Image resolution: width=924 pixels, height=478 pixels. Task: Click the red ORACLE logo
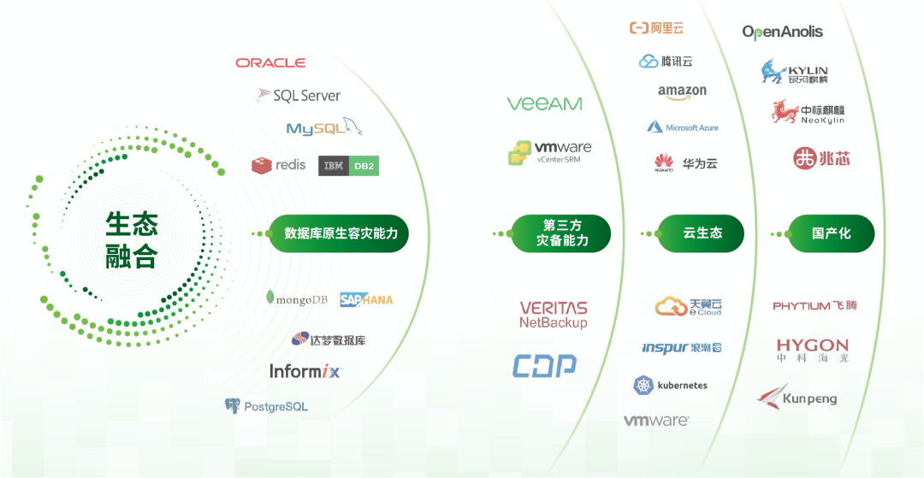[x=270, y=62]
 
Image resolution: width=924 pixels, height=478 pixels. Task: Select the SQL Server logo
[x=299, y=96]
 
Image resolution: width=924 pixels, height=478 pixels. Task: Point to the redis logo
[x=279, y=164]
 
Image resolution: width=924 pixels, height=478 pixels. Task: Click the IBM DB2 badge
[x=348, y=166]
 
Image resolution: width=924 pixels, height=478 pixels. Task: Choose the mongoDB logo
[x=297, y=299]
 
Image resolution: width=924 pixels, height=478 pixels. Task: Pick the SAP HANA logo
[x=366, y=299]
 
